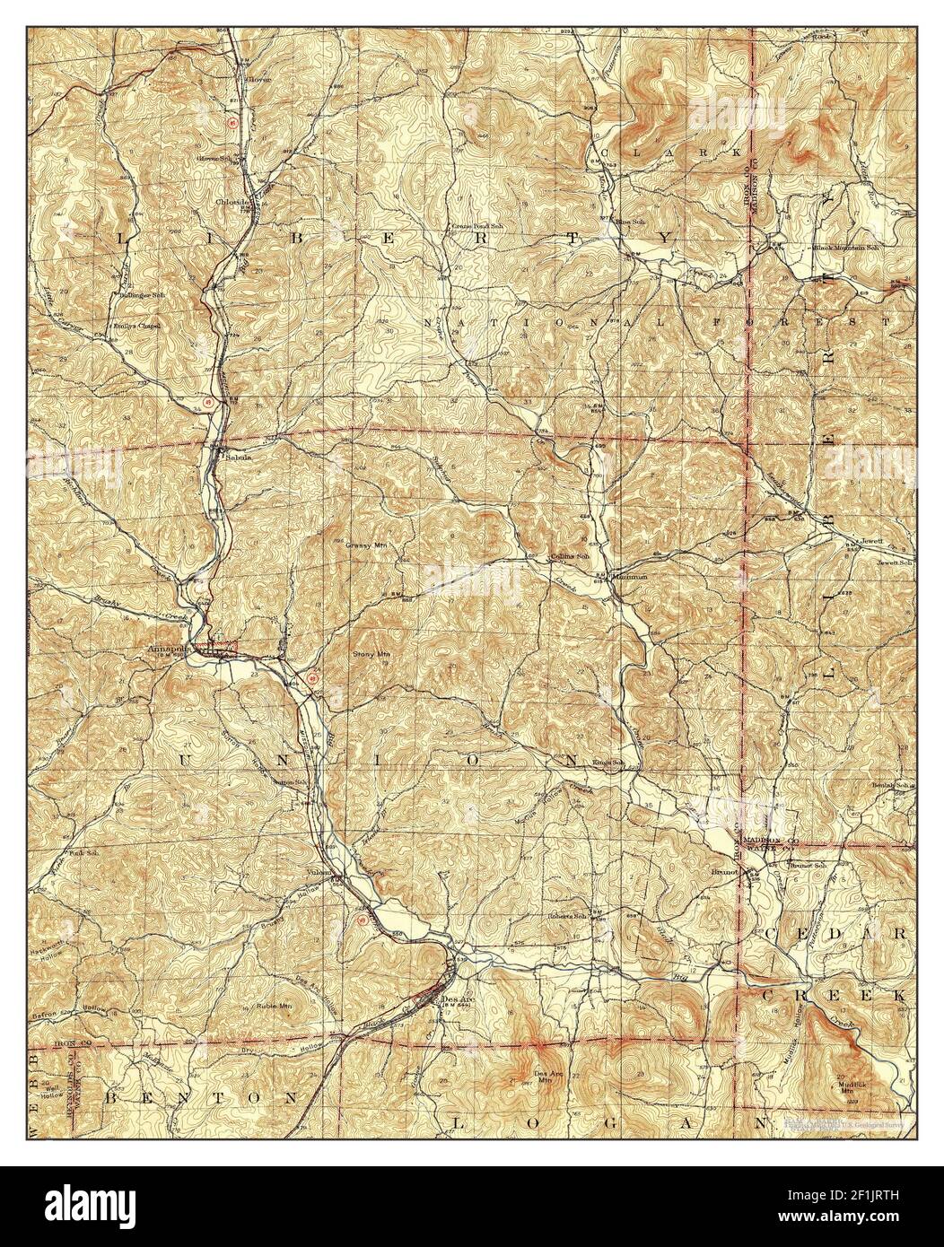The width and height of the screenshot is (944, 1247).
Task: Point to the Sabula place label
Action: [237, 456]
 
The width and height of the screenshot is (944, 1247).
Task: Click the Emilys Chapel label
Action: [136, 327]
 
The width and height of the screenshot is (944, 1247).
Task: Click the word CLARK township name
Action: [673, 153]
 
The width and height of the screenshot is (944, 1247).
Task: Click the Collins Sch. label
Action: [567, 557]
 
